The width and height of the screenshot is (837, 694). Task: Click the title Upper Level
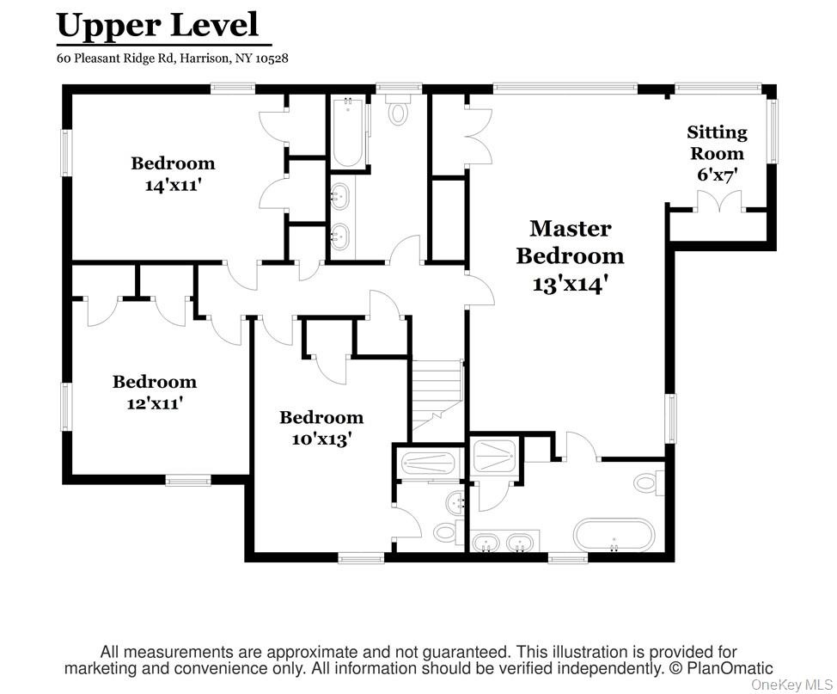[157, 25]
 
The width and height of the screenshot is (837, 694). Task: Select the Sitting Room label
[717, 143]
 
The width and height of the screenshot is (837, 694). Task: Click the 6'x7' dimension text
[717, 174]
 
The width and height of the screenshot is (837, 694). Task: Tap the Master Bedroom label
[570, 242]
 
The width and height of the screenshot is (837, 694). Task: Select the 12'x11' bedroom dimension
[155, 402]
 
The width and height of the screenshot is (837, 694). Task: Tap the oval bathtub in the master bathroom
[614, 535]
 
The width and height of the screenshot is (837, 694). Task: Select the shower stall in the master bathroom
[494, 455]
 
